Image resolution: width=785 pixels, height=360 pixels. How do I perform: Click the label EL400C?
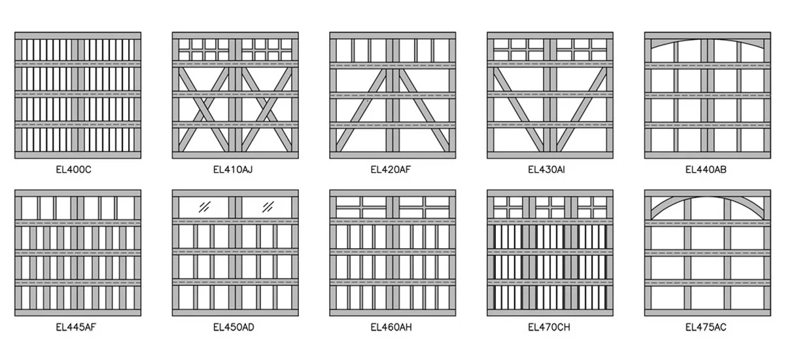(77, 170)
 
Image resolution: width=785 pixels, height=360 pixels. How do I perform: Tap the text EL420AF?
(391, 170)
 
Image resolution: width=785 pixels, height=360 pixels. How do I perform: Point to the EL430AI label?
(548, 170)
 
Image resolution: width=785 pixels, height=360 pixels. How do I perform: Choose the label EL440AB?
(706, 170)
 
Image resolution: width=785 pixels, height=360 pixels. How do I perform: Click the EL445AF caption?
(77, 327)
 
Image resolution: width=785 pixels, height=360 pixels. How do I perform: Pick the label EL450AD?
(234, 327)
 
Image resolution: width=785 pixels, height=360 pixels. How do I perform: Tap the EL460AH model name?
(391, 327)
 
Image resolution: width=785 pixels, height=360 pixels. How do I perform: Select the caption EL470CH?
(549, 327)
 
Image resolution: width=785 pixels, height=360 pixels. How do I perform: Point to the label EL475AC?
(706, 327)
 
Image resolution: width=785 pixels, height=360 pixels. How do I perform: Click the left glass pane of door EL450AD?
(204, 207)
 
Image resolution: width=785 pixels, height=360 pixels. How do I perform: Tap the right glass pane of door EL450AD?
(267, 207)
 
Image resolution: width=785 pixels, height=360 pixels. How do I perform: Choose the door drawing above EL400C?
(78, 95)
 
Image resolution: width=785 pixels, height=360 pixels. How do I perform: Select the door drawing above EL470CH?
(549, 253)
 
